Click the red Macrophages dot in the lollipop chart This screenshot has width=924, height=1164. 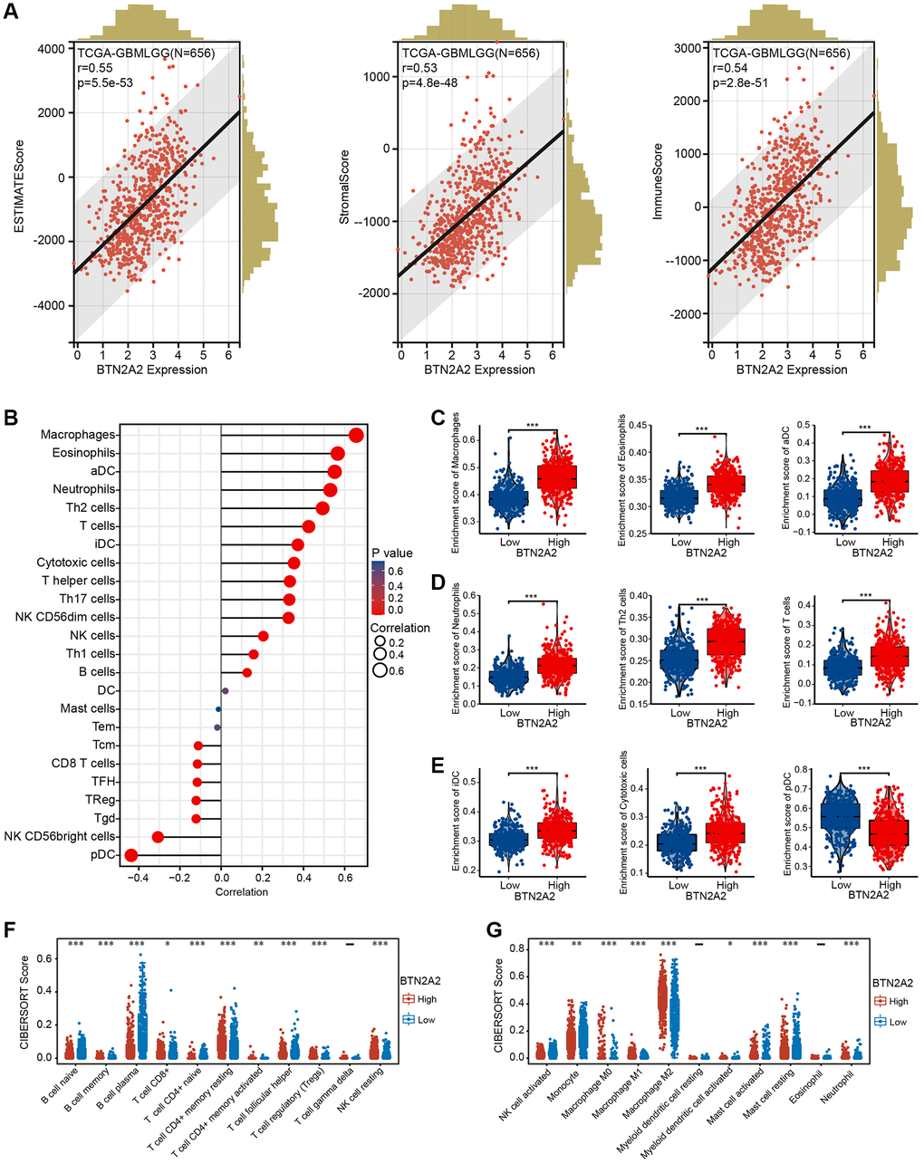click(356, 437)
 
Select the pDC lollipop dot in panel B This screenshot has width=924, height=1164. click(131, 855)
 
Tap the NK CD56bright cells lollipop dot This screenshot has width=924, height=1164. click(158, 837)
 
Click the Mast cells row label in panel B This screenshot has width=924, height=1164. click(88, 708)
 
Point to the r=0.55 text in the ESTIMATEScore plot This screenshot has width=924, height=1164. click(97, 68)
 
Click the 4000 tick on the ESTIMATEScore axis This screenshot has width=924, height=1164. click(53, 48)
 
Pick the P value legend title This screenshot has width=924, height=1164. click(391, 553)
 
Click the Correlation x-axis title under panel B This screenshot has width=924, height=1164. click(242, 892)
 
